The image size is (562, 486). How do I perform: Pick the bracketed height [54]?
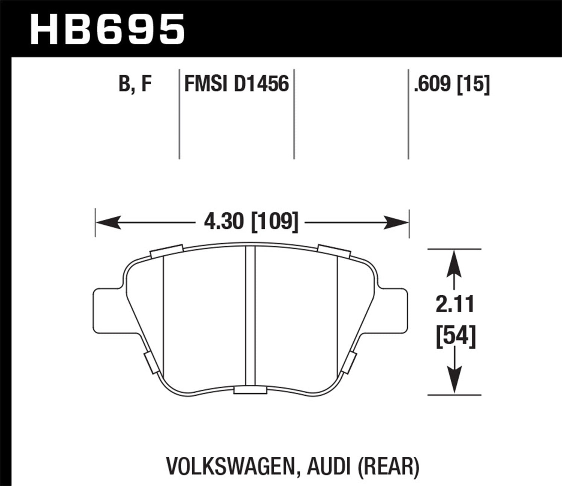coord(456,335)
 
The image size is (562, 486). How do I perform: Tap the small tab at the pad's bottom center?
coord(250,390)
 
